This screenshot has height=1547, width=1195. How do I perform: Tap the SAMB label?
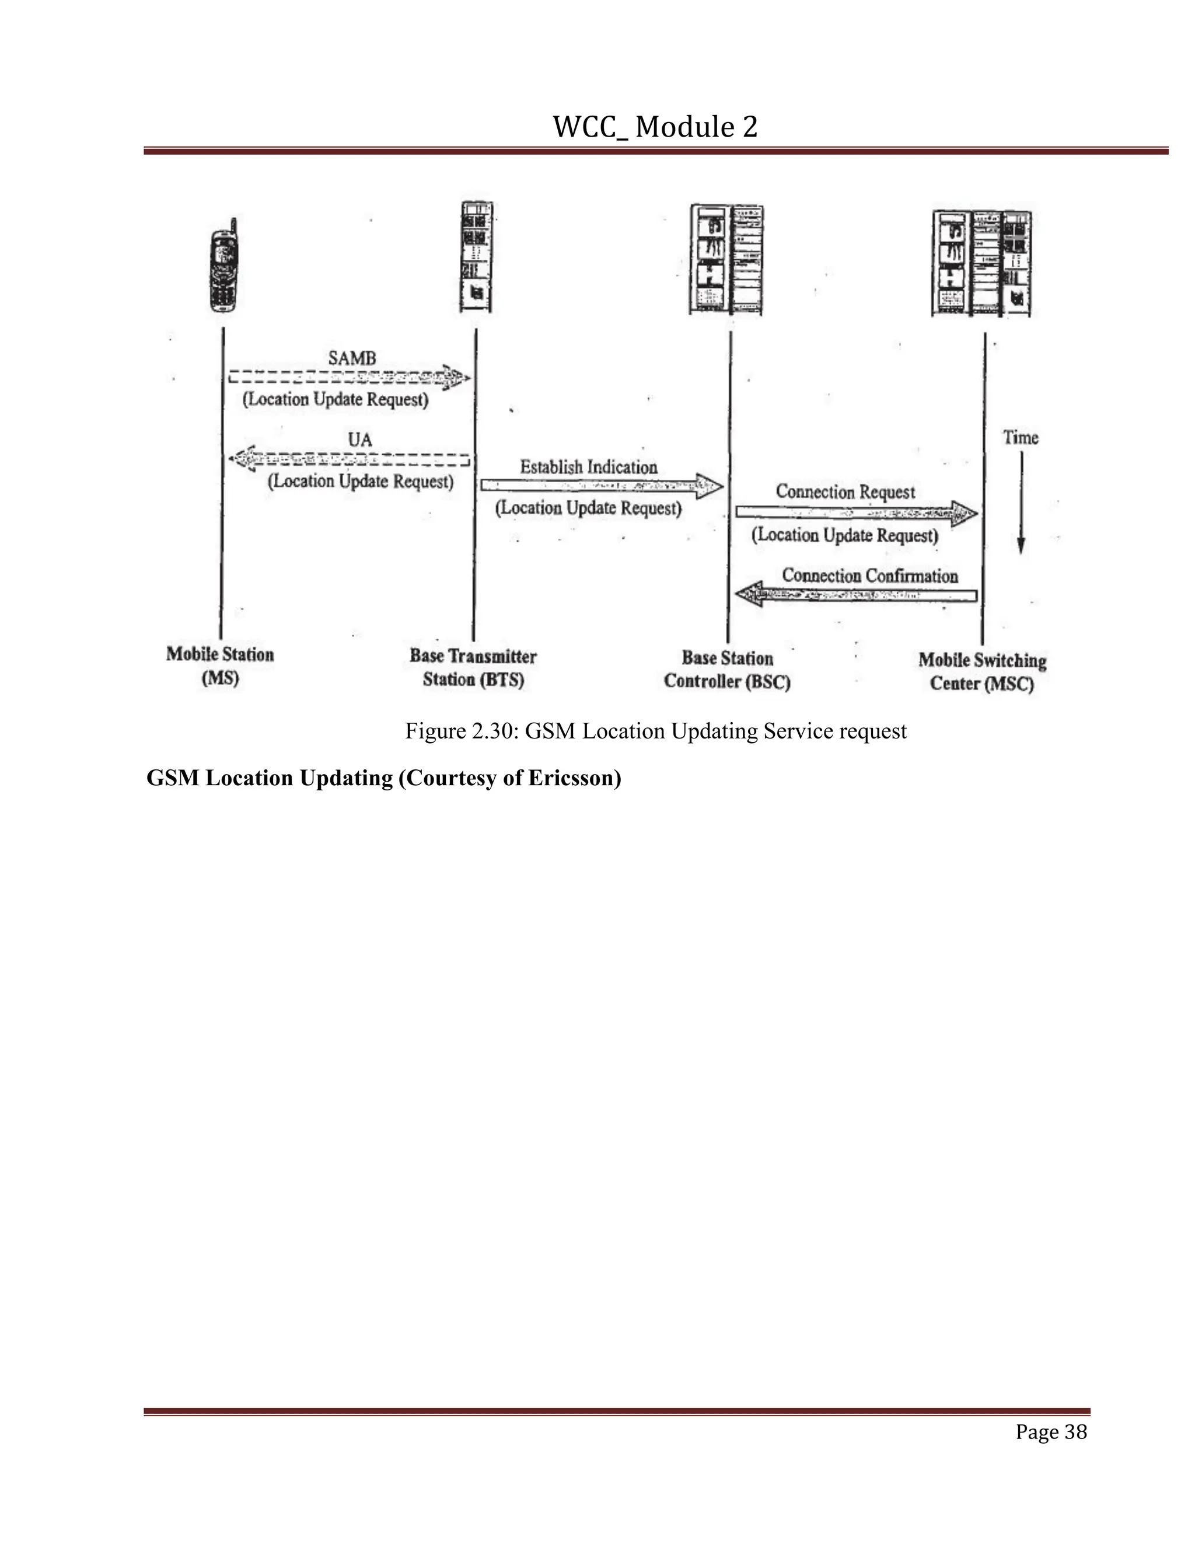pyautogui.click(x=352, y=358)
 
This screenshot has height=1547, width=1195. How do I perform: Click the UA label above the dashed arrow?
pyautogui.click(x=359, y=440)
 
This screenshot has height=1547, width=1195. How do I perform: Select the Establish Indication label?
pyautogui.click(x=588, y=468)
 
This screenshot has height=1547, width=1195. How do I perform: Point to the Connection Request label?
pyautogui.click(x=845, y=492)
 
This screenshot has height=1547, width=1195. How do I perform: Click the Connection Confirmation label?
pyautogui.click(x=869, y=576)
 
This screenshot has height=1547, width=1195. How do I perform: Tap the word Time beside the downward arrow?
pyautogui.click(x=1020, y=438)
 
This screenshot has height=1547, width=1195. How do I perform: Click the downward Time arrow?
pyautogui.click(x=1021, y=503)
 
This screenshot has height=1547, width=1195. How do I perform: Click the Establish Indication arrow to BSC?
pyautogui.click(x=602, y=486)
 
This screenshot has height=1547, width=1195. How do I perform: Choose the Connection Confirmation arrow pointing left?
pyautogui.click(x=856, y=594)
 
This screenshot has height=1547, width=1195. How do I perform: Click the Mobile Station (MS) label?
pyautogui.click(x=220, y=666)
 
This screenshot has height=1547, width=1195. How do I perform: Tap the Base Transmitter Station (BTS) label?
pyautogui.click(x=473, y=668)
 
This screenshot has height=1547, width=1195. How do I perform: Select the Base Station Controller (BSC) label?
pyautogui.click(x=727, y=670)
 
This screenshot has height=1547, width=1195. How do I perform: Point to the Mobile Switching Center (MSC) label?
pyautogui.click(x=982, y=671)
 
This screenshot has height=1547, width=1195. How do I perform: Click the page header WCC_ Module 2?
pyautogui.click(x=655, y=127)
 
